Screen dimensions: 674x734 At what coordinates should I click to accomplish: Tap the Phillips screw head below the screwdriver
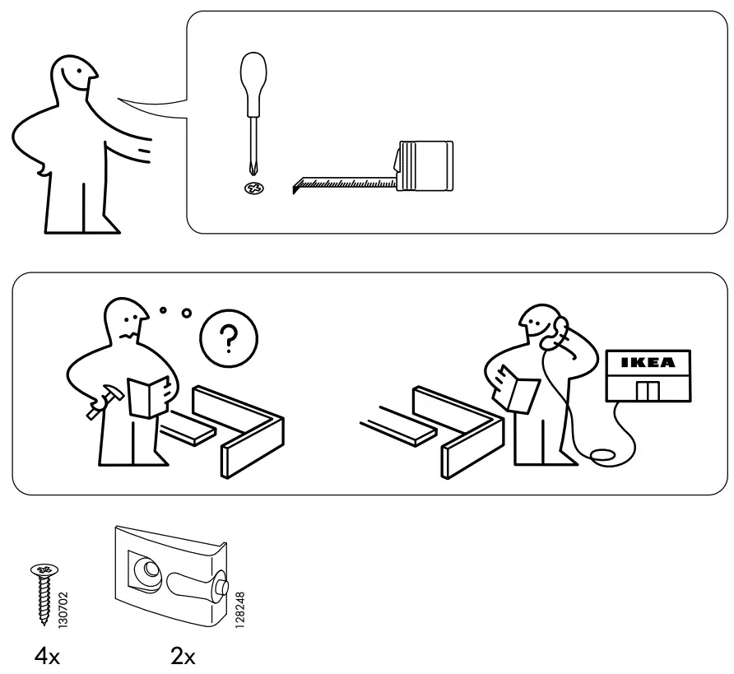(252, 188)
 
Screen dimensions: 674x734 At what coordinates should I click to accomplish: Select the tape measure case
(425, 166)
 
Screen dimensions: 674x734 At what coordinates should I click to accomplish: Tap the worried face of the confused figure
(128, 325)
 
